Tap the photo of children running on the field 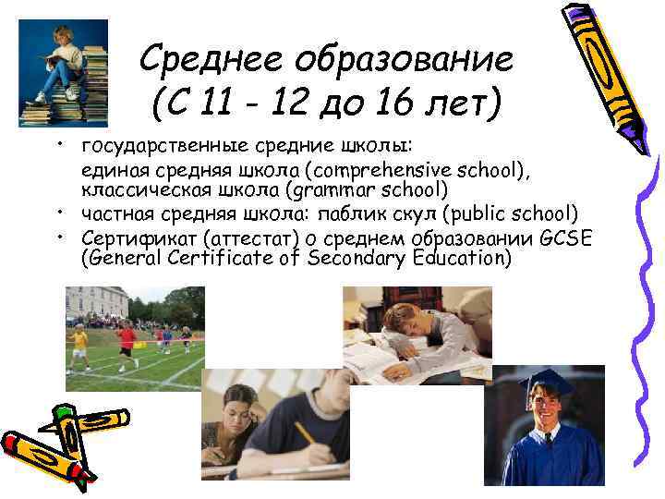135,337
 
